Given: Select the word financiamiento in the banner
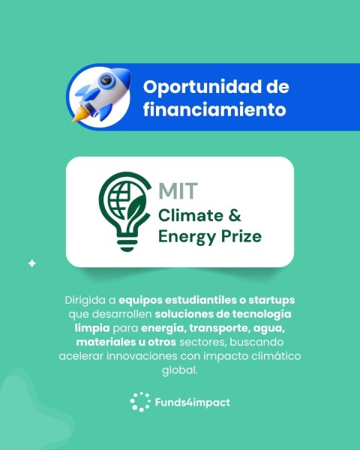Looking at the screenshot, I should (x=215, y=109).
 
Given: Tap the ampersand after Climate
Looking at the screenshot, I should (x=234, y=216).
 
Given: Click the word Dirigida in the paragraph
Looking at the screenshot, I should (x=86, y=300).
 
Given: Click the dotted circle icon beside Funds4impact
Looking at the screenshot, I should (x=140, y=403).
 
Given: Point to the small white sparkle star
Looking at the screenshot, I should (x=31, y=263).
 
